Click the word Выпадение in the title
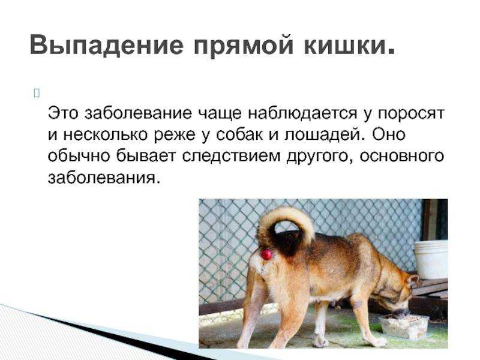107,44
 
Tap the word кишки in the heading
349,44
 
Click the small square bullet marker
37,94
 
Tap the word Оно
389,134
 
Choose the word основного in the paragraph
401,156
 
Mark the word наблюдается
302,113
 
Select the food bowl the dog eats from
404,326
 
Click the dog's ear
413,280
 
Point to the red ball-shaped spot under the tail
266,254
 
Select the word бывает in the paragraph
146,156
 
